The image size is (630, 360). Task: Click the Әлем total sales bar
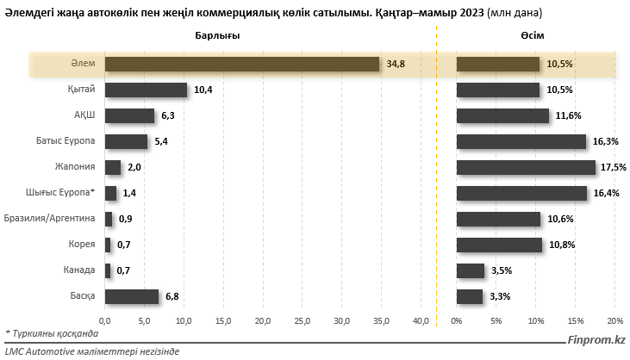[x=241, y=64]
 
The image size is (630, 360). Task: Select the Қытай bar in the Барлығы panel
[x=146, y=90]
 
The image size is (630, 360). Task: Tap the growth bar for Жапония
[x=526, y=167]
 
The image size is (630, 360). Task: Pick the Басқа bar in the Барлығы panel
[x=131, y=296]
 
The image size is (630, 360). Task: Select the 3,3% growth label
[x=499, y=296]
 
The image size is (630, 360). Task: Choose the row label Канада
[x=79, y=270]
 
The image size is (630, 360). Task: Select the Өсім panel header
[x=531, y=34]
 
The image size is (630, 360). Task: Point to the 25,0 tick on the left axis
[x=303, y=321]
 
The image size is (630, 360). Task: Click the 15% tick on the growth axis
[x=575, y=321]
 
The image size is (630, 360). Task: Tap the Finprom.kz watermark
[x=596, y=340]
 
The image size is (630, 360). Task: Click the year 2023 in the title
[x=471, y=12]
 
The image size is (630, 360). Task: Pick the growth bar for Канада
[x=470, y=270]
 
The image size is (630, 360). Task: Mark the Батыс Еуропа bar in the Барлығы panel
[x=126, y=141]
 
